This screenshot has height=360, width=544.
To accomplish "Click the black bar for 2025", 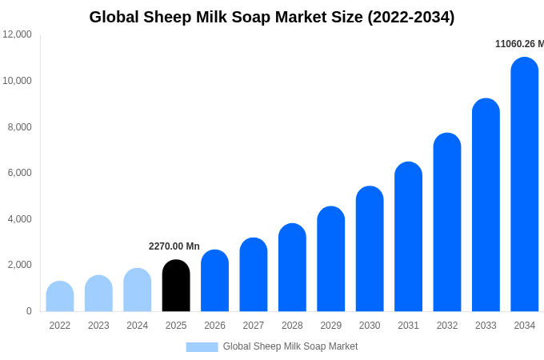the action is coord(176,286).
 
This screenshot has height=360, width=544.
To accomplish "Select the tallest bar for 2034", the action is coord(524,184).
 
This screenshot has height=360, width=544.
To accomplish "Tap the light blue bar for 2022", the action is coord(60,296).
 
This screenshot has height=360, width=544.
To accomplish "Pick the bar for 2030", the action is coord(370,249).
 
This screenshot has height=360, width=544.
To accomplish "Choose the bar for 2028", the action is coord(292,267).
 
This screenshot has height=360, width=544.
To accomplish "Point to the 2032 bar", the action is coord(447,222).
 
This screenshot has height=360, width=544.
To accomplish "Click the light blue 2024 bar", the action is coord(137,290).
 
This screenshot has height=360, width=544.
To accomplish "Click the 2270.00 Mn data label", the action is coord(174,246).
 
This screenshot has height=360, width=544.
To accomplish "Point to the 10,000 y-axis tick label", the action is coord(17,81).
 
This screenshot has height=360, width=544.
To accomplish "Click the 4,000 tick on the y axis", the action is coord(19,219).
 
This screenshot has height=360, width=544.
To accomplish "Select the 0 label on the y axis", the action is coord(29,311).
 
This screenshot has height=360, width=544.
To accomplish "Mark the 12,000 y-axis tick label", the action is coord(17,34).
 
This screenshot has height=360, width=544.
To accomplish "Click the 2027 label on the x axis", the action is coord(254,326).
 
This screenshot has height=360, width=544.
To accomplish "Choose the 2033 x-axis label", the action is coord(486,326).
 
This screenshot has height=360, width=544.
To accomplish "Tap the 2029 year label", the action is coord(330,326).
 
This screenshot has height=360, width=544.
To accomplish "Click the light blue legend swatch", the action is coord(202,347).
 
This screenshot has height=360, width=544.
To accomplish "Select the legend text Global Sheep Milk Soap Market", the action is coord(290,346).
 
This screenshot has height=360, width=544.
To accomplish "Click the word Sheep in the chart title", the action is coord(167,18).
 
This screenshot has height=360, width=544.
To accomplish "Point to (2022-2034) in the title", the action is coord(410,18).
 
